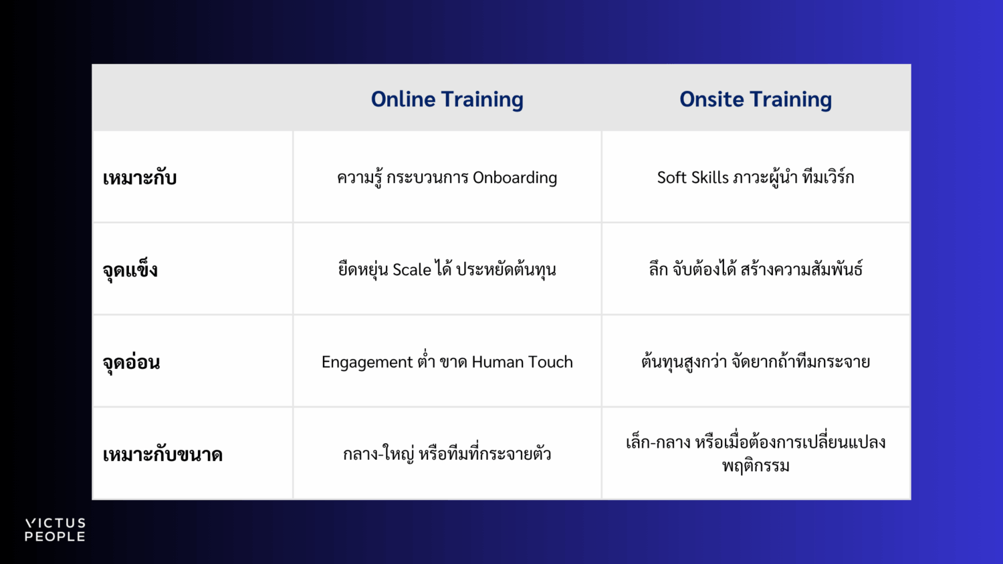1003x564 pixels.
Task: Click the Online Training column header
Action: [447, 100]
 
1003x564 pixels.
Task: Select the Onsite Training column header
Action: [756, 100]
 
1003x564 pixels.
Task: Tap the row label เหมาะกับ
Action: [140, 178]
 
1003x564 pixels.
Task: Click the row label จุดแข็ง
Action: [130, 269]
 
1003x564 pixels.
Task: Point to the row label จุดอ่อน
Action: [131, 362]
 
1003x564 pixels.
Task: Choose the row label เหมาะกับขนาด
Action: [162, 454]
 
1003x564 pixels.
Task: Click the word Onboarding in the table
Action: [515, 178]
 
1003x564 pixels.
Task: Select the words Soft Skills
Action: [693, 177]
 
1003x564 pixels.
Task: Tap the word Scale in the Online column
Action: [411, 269]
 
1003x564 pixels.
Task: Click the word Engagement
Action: [367, 362]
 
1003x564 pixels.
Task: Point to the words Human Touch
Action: [522, 362]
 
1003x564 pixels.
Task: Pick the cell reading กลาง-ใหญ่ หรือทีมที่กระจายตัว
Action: [447, 454]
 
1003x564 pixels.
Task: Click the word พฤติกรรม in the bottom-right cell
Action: [756, 466]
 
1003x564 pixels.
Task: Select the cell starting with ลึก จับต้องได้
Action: [756, 269]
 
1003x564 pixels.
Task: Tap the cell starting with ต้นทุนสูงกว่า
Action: [756, 362]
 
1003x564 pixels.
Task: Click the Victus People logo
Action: [55, 530]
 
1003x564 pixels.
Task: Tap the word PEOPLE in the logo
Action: [55, 537]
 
